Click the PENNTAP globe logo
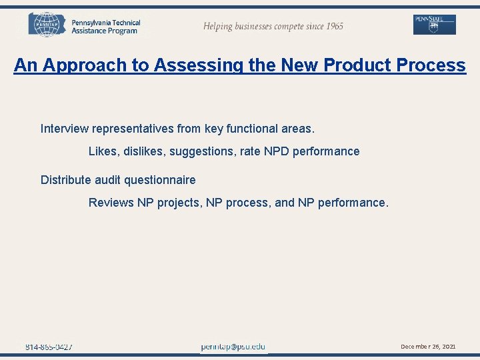[x=47, y=25]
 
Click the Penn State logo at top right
[x=434, y=25]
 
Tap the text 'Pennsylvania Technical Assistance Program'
[x=105, y=27]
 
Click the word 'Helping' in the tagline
[x=219, y=26]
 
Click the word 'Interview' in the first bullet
[x=64, y=128]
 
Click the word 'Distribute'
[x=67, y=180]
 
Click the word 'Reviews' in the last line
[x=111, y=203]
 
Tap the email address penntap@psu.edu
[x=233, y=347]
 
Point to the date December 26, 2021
[x=428, y=347]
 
